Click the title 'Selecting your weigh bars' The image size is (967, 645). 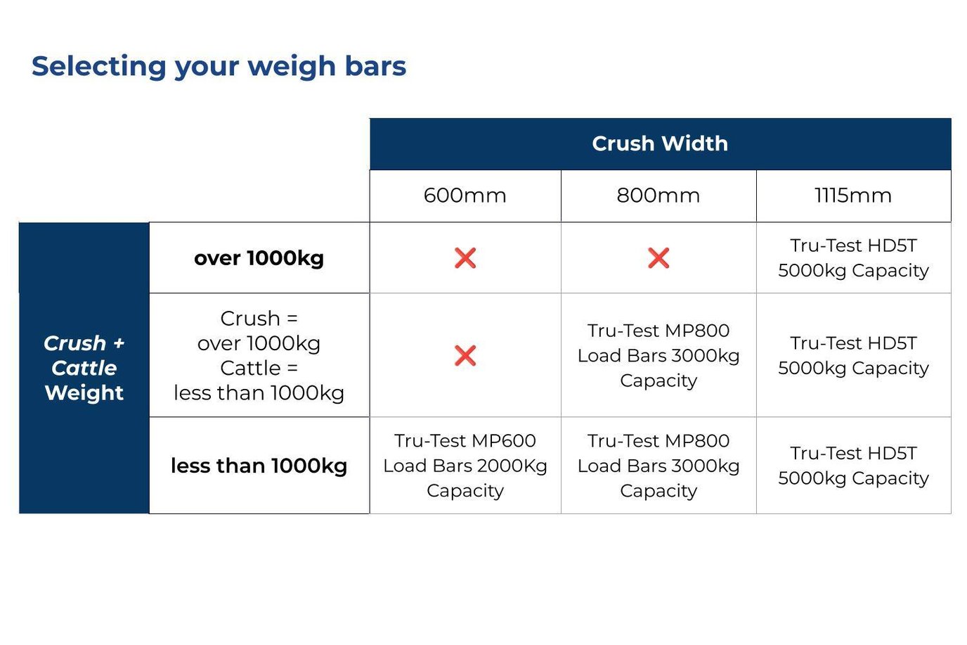[x=219, y=66]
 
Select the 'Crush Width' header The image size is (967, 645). [x=659, y=143]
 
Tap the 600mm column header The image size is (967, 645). [x=465, y=196]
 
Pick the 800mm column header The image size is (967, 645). [x=658, y=196]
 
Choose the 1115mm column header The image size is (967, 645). [x=852, y=196]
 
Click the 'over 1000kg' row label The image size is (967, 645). [x=259, y=258]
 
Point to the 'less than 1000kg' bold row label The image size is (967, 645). [x=259, y=466]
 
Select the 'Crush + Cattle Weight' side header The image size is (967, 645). [x=84, y=368]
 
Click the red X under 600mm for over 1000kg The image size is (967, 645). [x=465, y=258]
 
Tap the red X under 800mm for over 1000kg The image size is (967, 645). [x=658, y=258]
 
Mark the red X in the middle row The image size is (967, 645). [x=465, y=355]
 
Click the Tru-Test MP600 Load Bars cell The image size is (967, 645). [x=465, y=466]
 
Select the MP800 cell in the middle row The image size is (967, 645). [x=658, y=355]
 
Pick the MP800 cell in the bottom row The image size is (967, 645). [x=658, y=466]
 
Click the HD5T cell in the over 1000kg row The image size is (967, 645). [x=853, y=258]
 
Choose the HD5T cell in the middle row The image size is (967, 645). [x=853, y=355]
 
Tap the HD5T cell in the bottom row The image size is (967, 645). [x=853, y=466]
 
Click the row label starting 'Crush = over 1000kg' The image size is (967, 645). [x=259, y=355]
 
